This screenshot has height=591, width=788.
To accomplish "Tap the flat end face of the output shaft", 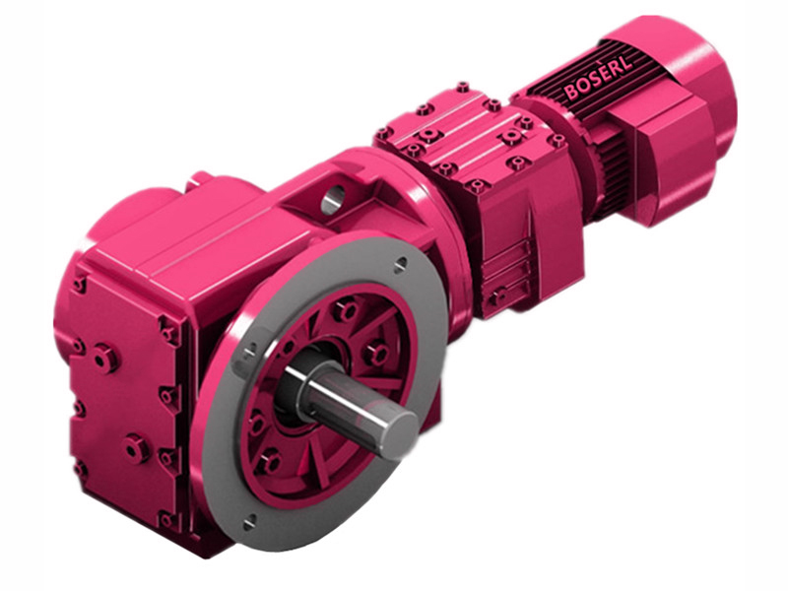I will [x=401, y=431].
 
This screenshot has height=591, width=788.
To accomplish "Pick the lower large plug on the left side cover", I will [x=136, y=449].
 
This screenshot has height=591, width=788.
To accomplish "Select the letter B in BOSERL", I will [x=570, y=93].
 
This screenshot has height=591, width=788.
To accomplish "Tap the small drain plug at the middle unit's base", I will [x=499, y=295].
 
